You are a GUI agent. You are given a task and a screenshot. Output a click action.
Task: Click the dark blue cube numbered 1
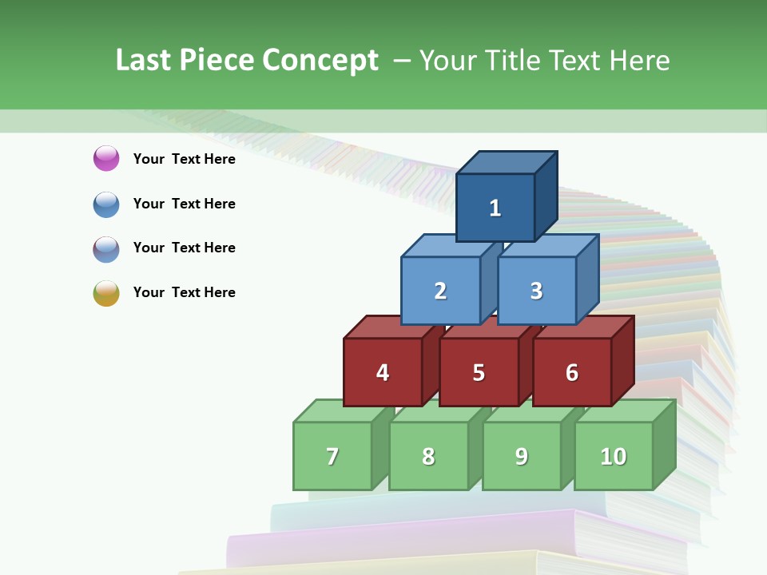[495, 208]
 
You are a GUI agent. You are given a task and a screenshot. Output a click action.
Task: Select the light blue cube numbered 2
[440, 291]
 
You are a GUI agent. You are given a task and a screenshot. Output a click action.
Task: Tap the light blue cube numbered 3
[536, 291]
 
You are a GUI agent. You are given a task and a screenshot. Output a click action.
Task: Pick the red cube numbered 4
[383, 372]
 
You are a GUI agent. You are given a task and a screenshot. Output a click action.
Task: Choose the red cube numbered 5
[479, 372]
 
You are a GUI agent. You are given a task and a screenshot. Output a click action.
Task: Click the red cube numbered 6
[572, 372]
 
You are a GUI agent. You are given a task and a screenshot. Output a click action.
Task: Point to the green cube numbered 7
[332, 456]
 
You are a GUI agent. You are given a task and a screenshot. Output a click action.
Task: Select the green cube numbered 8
[428, 456]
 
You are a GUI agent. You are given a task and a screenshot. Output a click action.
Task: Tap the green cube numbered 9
[522, 456]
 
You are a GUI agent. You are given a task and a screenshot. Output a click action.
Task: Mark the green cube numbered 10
[614, 456]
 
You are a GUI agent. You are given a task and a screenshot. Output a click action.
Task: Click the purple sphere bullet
[106, 158]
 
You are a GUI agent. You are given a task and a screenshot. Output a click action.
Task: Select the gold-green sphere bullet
[106, 292]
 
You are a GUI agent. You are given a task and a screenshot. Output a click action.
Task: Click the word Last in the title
[144, 61]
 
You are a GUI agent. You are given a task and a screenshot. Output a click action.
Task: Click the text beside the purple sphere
[184, 159]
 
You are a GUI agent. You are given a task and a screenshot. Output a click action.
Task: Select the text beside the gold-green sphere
[184, 292]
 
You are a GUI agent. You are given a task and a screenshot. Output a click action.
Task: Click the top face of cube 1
[506, 163]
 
